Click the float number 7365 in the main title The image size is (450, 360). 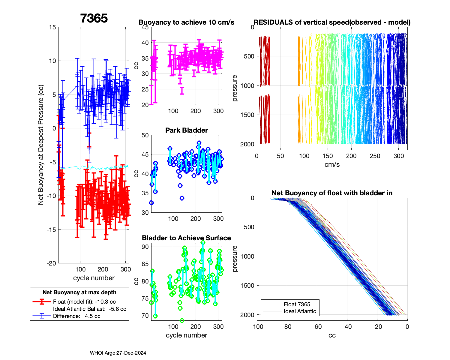coord(94,18)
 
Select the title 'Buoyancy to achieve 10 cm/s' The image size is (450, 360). coord(186,22)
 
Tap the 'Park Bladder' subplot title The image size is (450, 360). coord(186,130)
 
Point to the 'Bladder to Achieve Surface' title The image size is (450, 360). coord(186,238)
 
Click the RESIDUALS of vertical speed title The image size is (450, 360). coord(332,22)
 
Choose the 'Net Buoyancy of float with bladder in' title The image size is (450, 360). coord(332,193)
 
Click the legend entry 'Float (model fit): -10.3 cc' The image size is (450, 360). coord(84,302)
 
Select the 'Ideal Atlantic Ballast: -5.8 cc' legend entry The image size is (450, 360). coord(89,309)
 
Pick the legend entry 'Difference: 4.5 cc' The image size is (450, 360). coord(76,316)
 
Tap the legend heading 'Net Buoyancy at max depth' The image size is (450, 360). coord(79,292)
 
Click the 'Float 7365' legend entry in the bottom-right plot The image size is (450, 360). coord(297,304)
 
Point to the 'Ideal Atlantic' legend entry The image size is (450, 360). coord(300,311)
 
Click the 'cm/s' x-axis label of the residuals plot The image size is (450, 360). coord(332,165)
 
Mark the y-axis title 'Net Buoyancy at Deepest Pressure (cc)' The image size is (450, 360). coord(41,145)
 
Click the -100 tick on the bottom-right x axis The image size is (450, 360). coord(257,327)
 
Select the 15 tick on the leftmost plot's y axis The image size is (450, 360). coord(52,27)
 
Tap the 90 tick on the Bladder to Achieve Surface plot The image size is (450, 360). coord(145,247)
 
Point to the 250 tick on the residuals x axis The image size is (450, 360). coord(375,156)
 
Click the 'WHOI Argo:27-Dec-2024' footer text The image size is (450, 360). coord(118,353)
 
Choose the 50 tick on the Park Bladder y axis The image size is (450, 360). coord(145,135)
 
